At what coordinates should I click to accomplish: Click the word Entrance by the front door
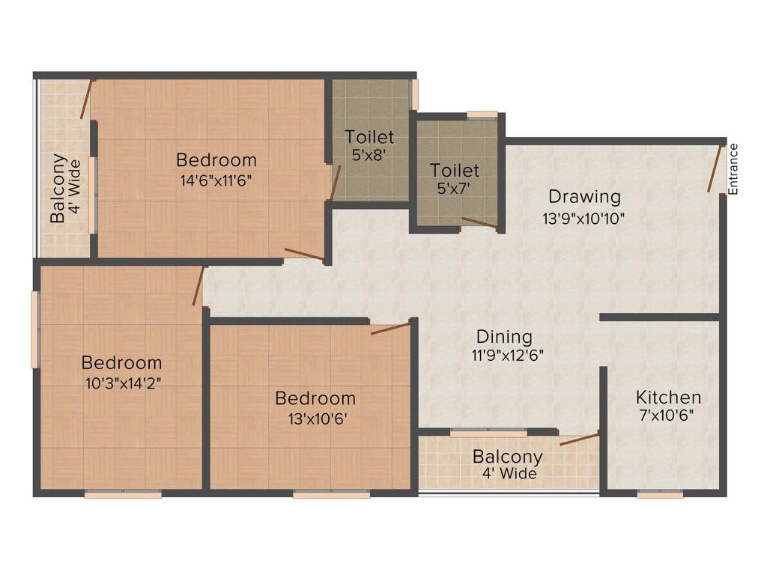[x=733, y=169]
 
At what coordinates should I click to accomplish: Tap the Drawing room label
[x=584, y=197]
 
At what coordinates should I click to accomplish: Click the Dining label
[x=504, y=337]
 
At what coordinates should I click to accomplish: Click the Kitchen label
[x=668, y=398]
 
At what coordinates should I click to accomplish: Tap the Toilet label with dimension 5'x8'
[x=369, y=137]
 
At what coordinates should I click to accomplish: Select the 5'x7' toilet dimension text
[x=454, y=189]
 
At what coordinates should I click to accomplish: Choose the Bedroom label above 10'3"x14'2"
[x=121, y=363]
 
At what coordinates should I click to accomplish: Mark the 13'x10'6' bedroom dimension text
[x=315, y=418]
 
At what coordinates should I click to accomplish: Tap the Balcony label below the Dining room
[x=507, y=457]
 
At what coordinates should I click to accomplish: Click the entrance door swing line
[x=715, y=168]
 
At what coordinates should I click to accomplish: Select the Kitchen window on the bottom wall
[x=660, y=494]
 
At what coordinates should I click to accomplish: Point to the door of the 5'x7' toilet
[x=479, y=222]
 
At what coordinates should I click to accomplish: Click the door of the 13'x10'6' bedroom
[x=390, y=328]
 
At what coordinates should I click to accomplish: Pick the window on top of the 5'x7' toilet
[x=482, y=115]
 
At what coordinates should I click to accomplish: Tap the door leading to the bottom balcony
[x=580, y=439]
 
